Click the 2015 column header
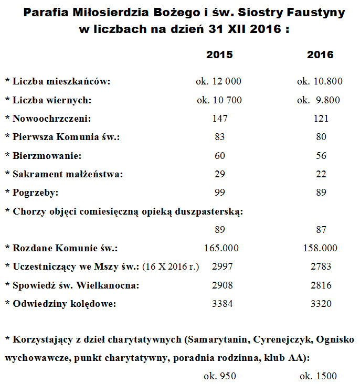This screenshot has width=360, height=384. [219, 55]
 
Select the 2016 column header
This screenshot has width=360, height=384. [321, 55]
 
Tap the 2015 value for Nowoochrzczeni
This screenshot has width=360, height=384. [220, 119]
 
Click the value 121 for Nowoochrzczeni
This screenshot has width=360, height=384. [321, 119]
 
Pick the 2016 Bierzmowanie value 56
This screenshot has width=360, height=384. [321, 156]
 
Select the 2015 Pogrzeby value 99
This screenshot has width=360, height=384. [220, 193]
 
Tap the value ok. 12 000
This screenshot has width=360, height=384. [219, 81]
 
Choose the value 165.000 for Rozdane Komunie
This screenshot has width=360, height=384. [219, 248]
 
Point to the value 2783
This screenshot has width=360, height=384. [321, 266]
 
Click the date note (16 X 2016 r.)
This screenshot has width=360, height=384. [171, 267]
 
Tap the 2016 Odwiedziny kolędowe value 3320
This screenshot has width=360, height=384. [321, 303]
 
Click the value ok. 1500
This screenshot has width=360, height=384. [318, 376]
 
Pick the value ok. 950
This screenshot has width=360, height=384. [220, 376]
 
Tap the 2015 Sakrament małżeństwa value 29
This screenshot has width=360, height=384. [220, 174]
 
